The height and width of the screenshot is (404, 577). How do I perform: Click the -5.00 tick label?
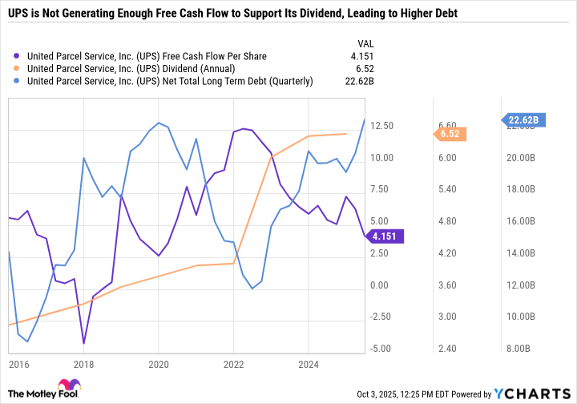[x=381, y=349]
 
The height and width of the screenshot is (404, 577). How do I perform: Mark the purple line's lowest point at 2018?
[x=83, y=343]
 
